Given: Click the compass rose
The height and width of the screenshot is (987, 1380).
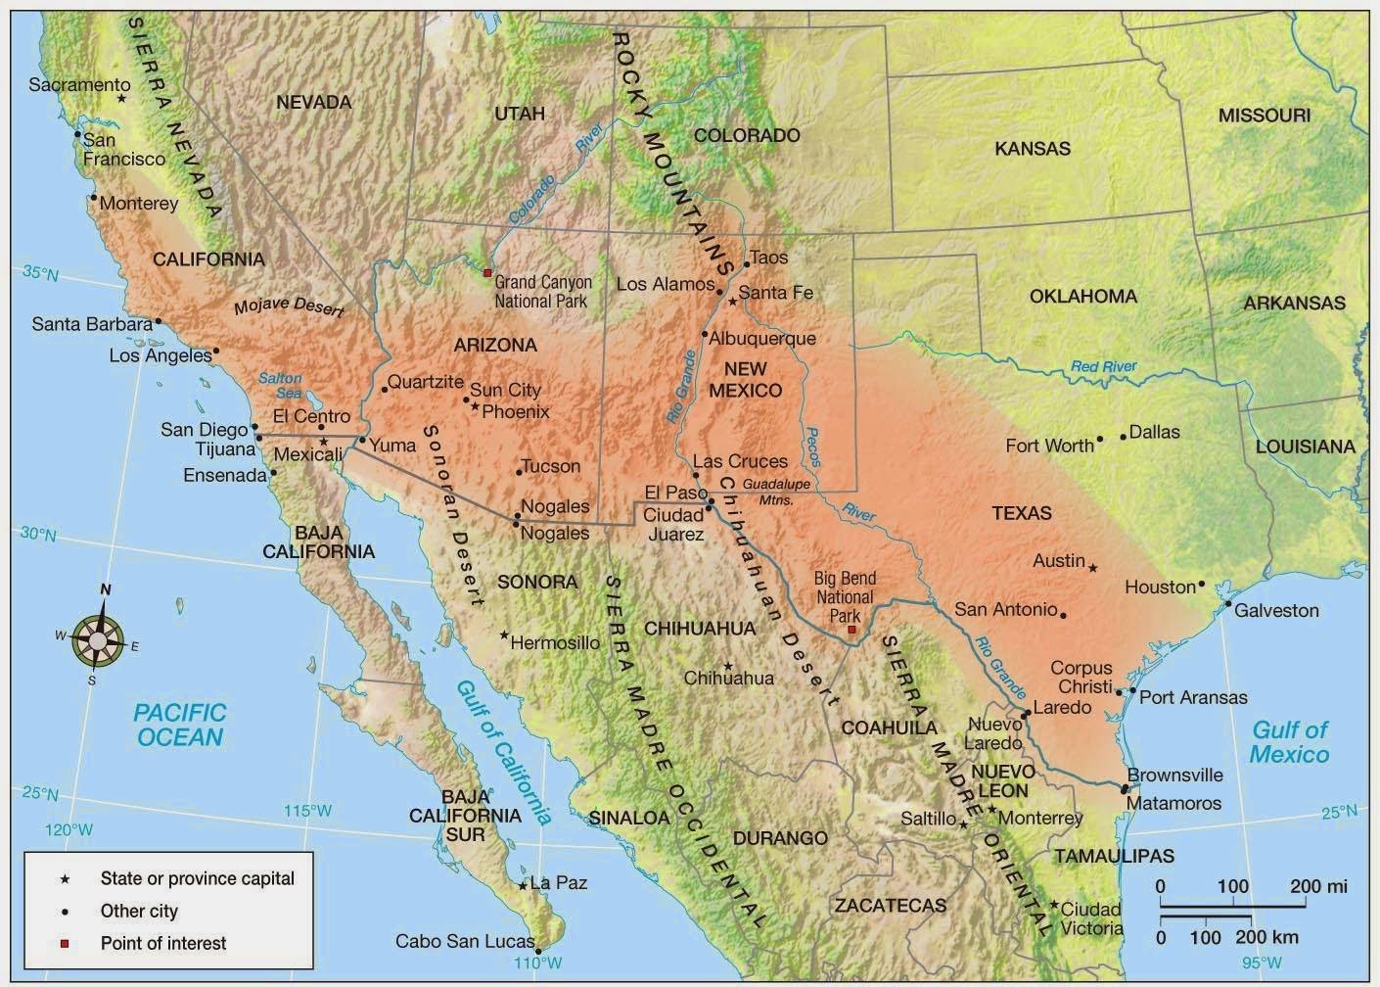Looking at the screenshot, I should [x=99, y=637].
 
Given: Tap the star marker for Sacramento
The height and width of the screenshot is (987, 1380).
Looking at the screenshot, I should [x=121, y=98].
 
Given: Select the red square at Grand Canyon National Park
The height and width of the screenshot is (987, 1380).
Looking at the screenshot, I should [x=487, y=272].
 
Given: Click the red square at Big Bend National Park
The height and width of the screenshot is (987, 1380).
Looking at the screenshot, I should [x=851, y=630].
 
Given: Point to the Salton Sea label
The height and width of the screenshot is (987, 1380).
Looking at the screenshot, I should [x=281, y=386].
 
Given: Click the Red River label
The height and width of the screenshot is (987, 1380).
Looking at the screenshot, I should [x=1103, y=367].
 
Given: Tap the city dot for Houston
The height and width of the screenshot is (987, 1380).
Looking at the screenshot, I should [x=1202, y=585].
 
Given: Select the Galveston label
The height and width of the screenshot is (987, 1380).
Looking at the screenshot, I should [x=1276, y=610].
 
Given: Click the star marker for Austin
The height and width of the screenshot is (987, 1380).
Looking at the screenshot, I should [x=1093, y=568].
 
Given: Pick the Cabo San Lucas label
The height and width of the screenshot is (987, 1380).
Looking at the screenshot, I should [x=464, y=941].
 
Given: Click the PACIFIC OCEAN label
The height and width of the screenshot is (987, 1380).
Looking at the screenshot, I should [x=180, y=725].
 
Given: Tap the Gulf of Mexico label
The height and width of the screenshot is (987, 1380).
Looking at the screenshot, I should [x=1290, y=741].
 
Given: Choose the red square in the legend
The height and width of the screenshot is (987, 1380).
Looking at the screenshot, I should [x=65, y=944].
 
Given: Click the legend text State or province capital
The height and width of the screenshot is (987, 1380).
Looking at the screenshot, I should [x=197, y=878].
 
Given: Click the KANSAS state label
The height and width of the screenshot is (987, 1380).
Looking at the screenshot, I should [x=1033, y=149].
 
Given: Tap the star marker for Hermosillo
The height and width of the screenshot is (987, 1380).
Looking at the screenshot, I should [x=504, y=635].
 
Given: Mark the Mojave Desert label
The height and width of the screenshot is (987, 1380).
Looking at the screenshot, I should [x=289, y=308].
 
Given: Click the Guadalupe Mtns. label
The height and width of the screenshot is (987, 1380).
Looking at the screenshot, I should [x=775, y=492].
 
